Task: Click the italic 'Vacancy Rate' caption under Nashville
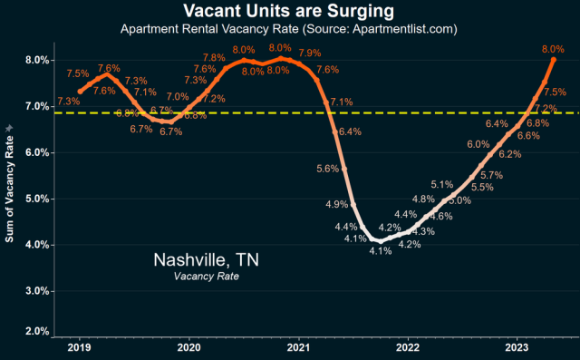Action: (206, 277)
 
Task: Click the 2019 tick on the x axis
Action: (79, 346)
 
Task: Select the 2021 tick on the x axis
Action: (298, 346)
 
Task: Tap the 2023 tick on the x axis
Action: (517, 346)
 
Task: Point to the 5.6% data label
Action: (327, 169)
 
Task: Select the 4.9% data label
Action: (336, 204)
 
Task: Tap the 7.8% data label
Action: (214, 58)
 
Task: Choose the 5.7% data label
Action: (491, 175)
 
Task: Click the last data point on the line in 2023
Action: (553, 59)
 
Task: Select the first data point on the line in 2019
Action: (80, 92)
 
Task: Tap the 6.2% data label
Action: (509, 154)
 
